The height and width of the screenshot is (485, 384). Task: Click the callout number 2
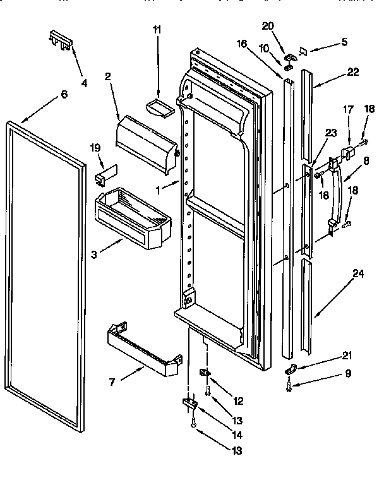tap(108, 76)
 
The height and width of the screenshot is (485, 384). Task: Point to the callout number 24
tap(358, 274)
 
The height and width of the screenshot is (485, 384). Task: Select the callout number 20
tap(268, 26)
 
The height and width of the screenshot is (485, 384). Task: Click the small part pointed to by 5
tap(303, 49)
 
